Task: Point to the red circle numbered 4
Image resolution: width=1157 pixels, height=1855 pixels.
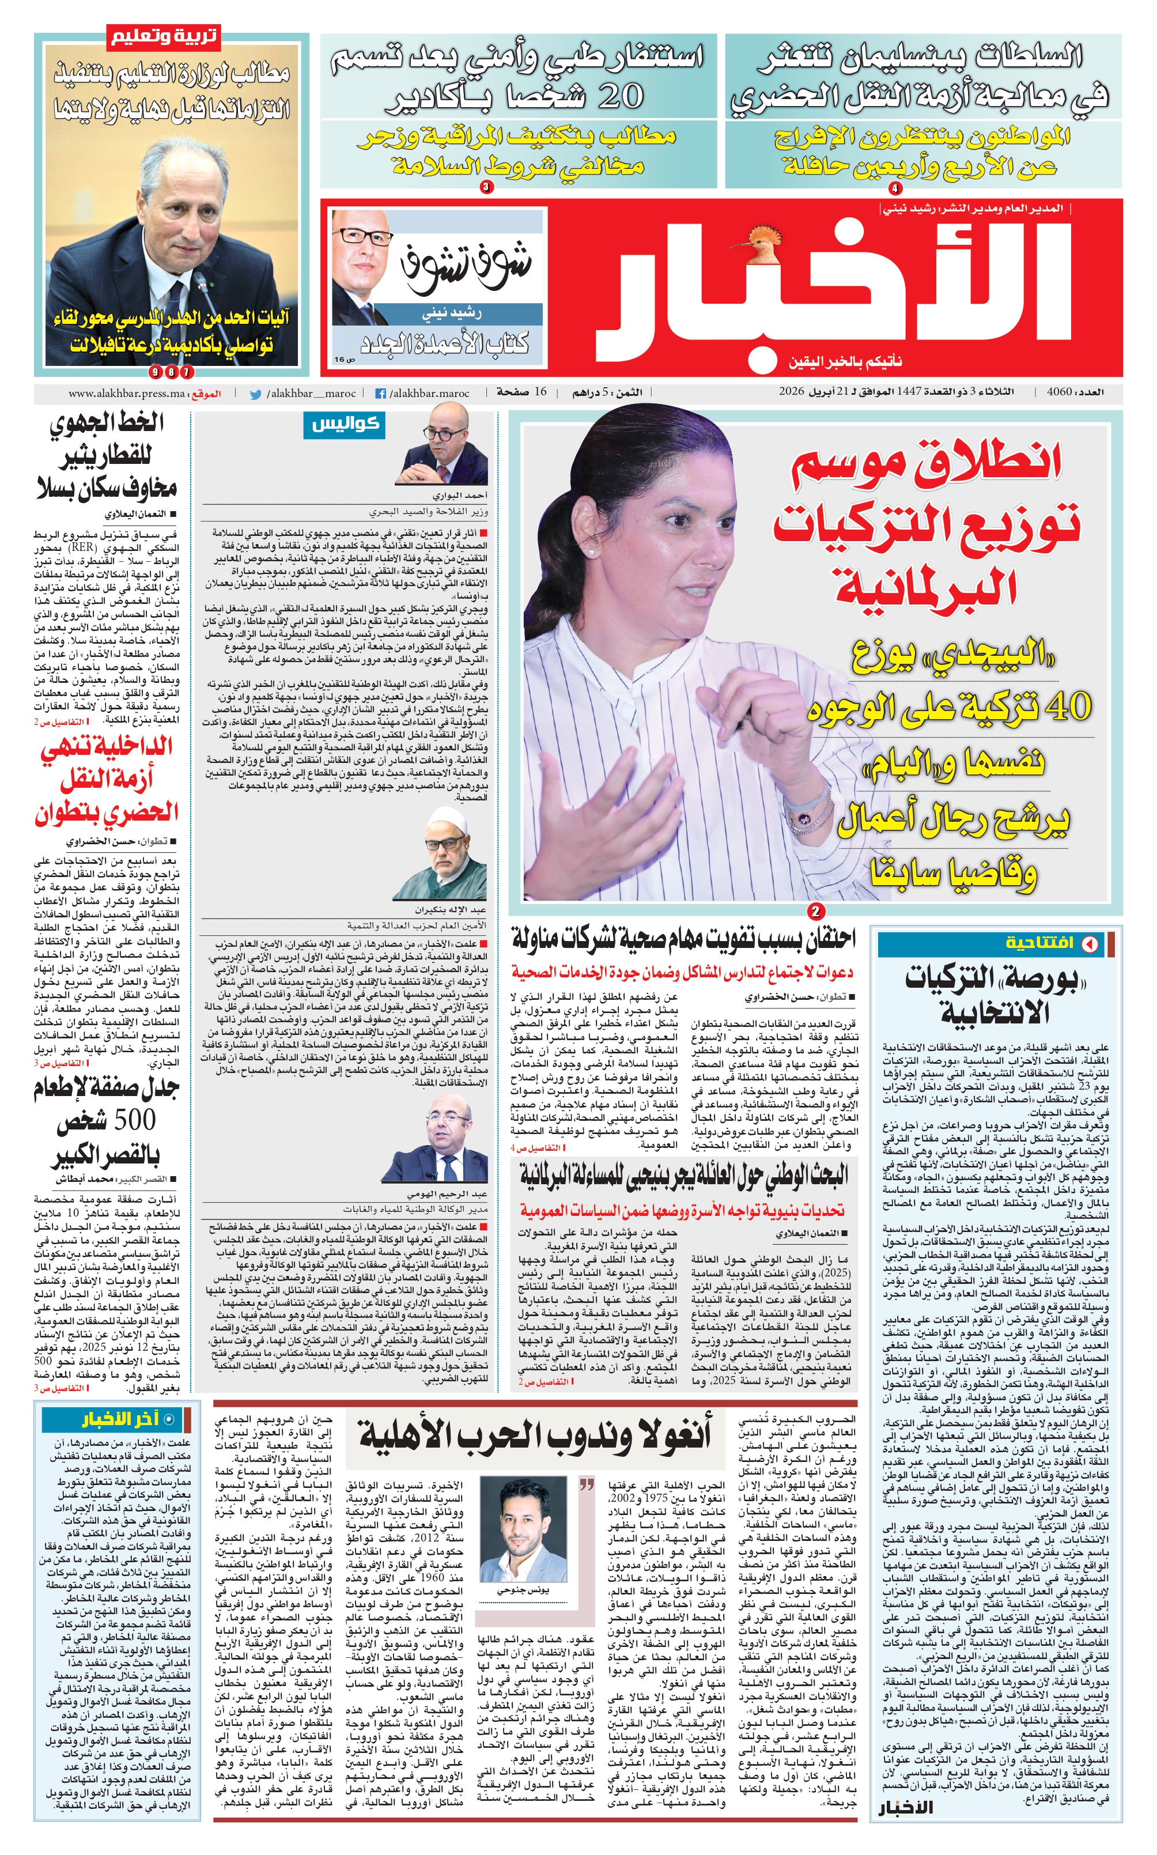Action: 895,187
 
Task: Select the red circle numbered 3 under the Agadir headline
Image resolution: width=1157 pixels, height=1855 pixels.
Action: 486,187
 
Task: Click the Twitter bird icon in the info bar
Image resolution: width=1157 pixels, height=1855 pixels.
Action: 256,394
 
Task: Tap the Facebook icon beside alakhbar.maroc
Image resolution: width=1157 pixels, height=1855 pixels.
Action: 380,394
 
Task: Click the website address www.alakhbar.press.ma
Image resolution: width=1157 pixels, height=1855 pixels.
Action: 127,394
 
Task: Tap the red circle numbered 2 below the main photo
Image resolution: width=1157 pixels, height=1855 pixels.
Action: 816,911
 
